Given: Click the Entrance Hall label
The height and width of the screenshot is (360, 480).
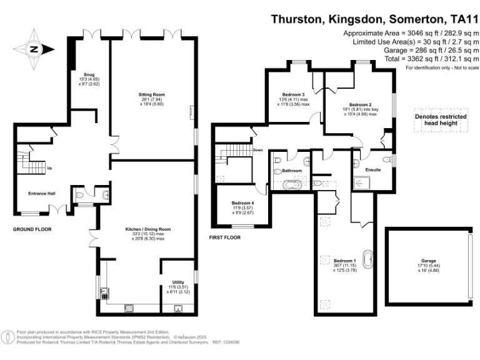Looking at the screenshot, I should tap(42, 193).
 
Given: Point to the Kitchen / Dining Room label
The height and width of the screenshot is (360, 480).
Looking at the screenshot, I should tap(148, 229).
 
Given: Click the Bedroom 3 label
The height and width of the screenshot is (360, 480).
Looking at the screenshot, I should tap(294, 94).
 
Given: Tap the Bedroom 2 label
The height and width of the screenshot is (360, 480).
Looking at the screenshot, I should tap(360, 104).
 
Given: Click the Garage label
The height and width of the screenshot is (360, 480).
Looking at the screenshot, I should tap(428, 261).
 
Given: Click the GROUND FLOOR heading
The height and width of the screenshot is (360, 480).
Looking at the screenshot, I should tap(32, 229).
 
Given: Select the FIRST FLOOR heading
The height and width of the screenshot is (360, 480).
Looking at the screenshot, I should tap(225, 238).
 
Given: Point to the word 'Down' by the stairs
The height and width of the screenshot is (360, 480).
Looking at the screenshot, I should tap(257, 150).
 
